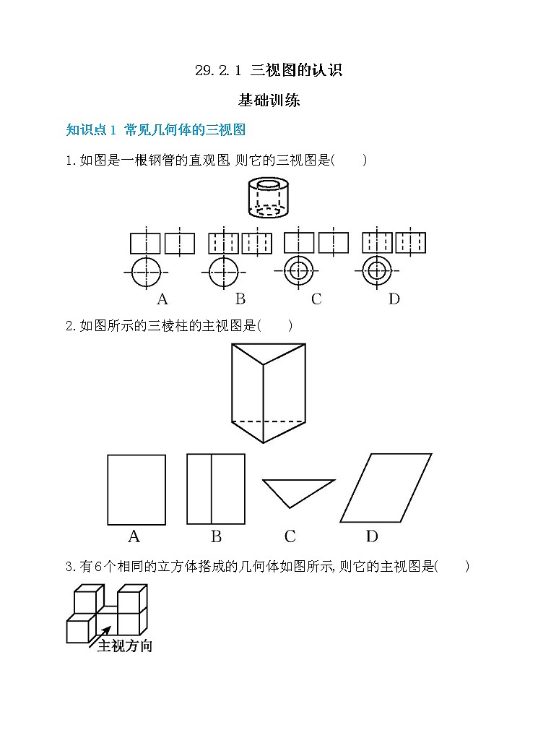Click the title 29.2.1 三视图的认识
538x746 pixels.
(x=269, y=71)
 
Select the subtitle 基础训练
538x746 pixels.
(x=269, y=100)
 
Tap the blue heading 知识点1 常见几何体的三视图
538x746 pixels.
(x=156, y=130)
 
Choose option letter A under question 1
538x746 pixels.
(x=162, y=299)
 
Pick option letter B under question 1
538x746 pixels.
(x=240, y=299)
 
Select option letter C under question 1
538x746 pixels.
(x=316, y=299)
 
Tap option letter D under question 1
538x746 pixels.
(x=394, y=299)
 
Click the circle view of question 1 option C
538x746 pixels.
(x=298, y=272)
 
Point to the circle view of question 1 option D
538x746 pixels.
(x=376, y=272)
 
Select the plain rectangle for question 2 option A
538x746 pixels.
(x=136, y=489)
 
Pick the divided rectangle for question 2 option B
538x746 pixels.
(x=215, y=489)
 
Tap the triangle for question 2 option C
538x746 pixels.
(x=298, y=492)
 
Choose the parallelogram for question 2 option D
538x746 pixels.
(x=386, y=488)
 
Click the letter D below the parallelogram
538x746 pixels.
(x=372, y=536)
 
